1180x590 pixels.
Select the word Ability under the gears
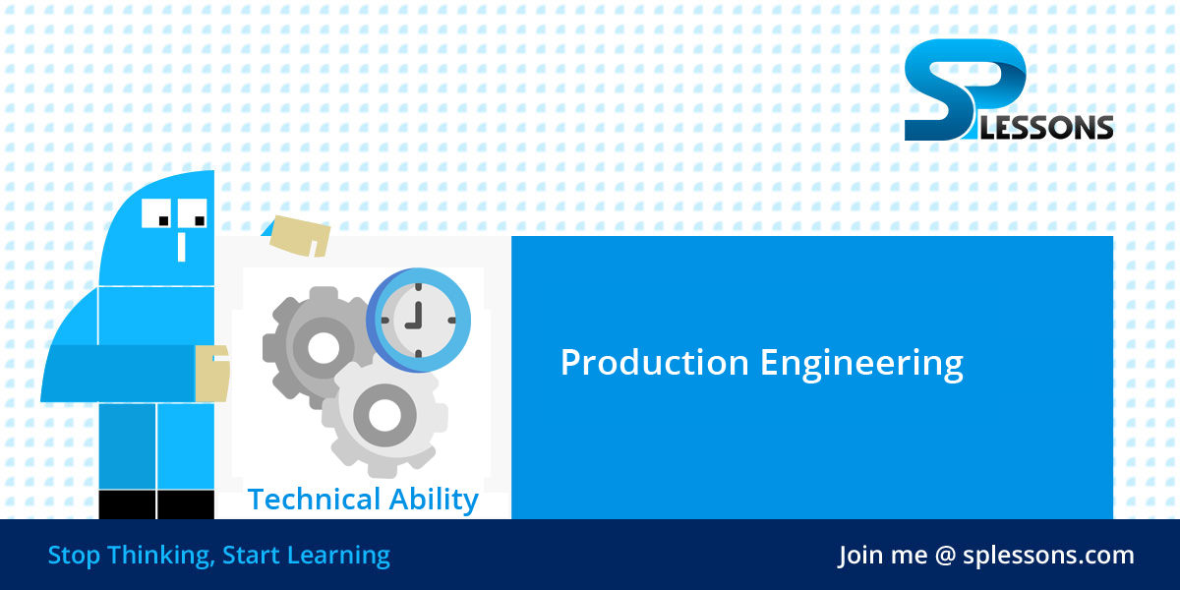pyautogui.click(x=431, y=501)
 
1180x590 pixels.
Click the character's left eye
pyautogui.click(x=159, y=213)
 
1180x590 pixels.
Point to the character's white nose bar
pyautogui.click(x=181, y=245)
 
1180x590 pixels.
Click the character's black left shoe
pyautogui.click(x=127, y=503)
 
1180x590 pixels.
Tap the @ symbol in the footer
pyautogui.click(x=945, y=556)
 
